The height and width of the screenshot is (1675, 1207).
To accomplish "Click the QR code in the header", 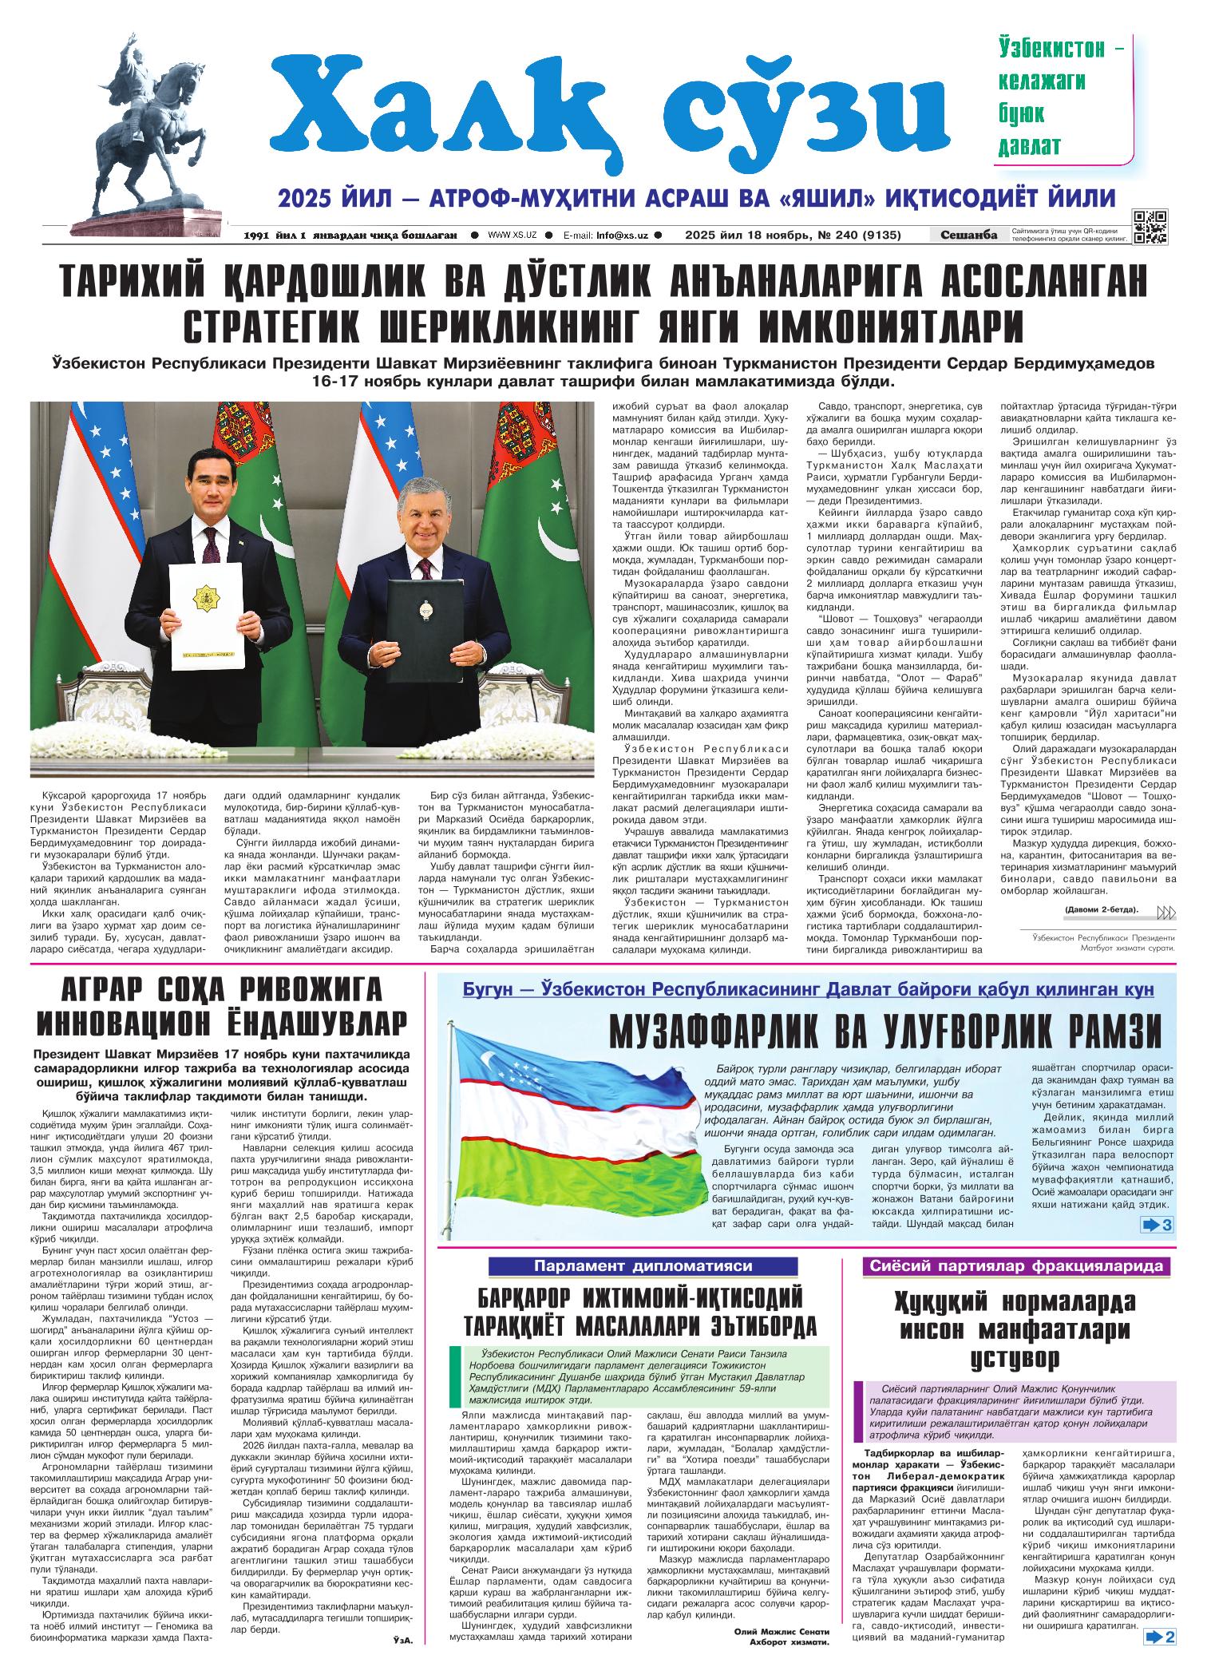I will [x=1150, y=226].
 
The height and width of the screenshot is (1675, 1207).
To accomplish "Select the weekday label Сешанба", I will [x=968, y=235].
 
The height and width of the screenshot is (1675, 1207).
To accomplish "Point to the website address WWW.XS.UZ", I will [x=512, y=236].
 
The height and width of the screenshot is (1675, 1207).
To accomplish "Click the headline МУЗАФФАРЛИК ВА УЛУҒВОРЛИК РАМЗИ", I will [x=885, y=1032].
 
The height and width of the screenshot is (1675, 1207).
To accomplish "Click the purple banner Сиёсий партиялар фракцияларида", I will [x=1017, y=1266].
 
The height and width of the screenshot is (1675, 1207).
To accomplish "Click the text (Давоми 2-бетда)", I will [x=1101, y=911].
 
